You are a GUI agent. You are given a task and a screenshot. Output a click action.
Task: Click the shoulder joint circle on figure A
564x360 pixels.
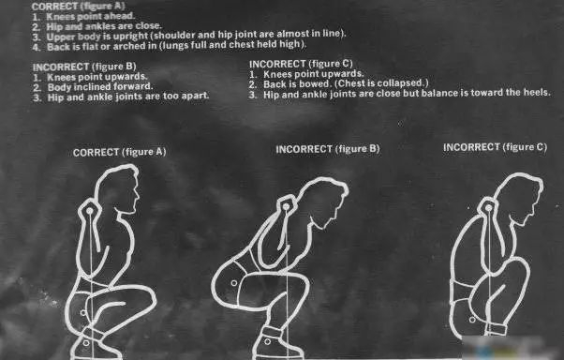90,211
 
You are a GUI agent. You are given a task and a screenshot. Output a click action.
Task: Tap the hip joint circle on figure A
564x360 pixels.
83,313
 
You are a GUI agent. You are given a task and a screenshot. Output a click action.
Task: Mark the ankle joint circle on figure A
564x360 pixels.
86,343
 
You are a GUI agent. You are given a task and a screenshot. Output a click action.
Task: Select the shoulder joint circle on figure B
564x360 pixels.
286,207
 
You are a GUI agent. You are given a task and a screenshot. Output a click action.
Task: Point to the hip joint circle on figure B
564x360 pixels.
234,283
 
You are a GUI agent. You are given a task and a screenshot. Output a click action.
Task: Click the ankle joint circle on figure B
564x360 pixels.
267,341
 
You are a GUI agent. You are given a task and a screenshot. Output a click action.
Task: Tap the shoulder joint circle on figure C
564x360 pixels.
488,208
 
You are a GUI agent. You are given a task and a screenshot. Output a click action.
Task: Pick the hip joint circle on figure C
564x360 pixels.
472,320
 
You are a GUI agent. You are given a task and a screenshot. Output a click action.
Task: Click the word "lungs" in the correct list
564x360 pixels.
174,46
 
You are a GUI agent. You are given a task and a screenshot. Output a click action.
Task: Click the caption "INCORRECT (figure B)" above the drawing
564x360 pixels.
327,149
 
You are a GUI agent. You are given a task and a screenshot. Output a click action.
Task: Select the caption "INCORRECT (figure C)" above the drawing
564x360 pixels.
495,147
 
